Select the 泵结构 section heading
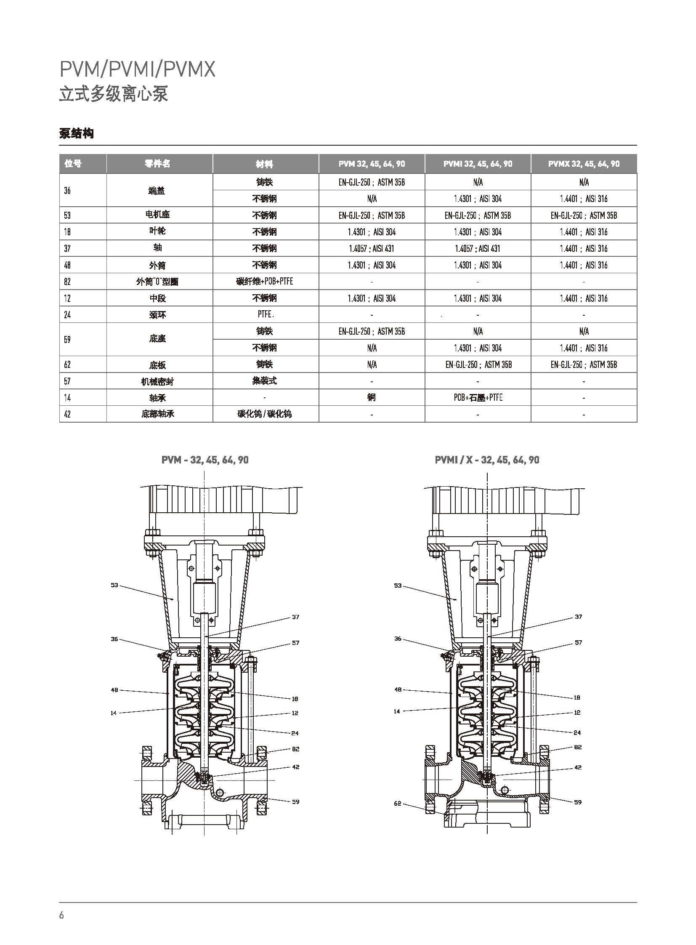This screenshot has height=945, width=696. point(76,133)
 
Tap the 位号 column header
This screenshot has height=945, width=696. point(73,164)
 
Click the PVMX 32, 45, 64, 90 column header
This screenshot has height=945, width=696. point(584,164)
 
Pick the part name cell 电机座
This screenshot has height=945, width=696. point(157,215)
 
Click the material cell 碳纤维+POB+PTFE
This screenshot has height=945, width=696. point(265,281)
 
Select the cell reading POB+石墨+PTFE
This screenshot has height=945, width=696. point(478,397)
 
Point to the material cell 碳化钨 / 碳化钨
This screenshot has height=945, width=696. point(265,414)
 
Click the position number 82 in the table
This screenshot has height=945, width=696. point(67,282)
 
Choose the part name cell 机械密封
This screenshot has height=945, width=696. point(157,381)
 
